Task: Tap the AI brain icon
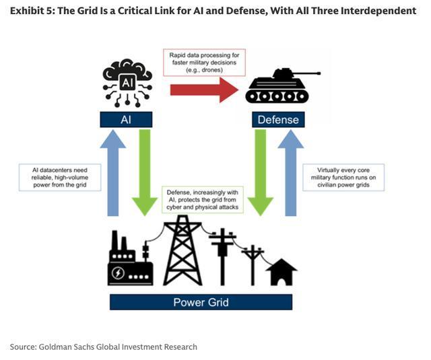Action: [127, 83]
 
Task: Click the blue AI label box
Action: [126, 119]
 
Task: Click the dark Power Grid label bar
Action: [201, 302]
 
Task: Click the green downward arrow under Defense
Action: [259, 174]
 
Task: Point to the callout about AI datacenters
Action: [59, 176]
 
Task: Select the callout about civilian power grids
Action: [343, 177]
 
